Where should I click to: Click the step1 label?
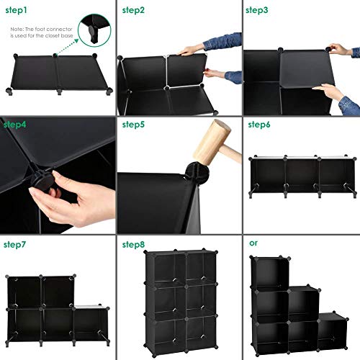pyautogui.click(x=17, y=10)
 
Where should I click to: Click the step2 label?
pyautogui.click(x=133, y=10)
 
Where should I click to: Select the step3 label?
pyautogui.click(x=257, y=10)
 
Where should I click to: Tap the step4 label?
pyautogui.click(x=15, y=125)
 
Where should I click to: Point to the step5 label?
pyautogui.click(x=133, y=125)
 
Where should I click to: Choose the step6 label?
pyautogui.click(x=258, y=125)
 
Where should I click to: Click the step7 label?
pyautogui.click(x=15, y=245)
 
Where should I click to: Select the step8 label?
pyautogui.click(x=133, y=245)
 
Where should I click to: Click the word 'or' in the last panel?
pyautogui.click(x=253, y=243)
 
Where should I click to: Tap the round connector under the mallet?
pyautogui.click(x=173, y=173)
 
